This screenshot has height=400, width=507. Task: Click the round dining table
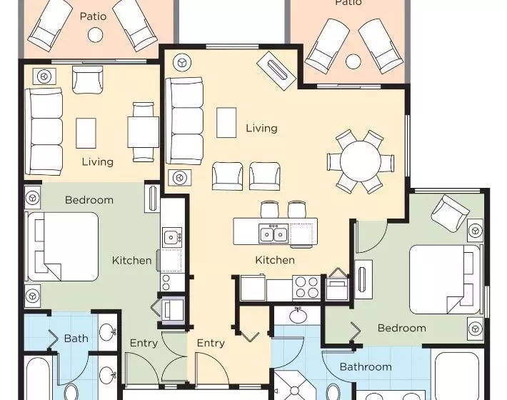[x=361, y=161]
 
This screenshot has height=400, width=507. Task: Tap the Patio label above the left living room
[x=93, y=16]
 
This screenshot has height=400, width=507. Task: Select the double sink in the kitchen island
[x=273, y=234]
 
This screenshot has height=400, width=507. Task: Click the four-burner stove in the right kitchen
[x=306, y=287]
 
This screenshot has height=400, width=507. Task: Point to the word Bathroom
[x=366, y=366]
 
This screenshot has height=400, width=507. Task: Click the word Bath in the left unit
[x=76, y=339]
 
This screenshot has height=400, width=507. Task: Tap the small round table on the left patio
[x=96, y=34]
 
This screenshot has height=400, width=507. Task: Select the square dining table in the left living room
[x=143, y=132]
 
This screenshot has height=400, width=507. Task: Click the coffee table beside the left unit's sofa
[x=86, y=133]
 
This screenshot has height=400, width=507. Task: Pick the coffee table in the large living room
[x=226, y=123]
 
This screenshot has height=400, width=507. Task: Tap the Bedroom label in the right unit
[x=401, y=328]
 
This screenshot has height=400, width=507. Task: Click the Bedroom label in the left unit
[x=89, y=200]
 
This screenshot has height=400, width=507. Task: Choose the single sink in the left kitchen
[x=171, y=237]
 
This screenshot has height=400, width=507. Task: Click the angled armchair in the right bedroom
[x=451, y=213]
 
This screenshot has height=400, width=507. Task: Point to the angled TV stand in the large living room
[x=276, y=71]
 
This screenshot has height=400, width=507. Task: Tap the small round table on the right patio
[x=353, y=61]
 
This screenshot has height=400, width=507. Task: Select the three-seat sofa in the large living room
[x=185, y=121]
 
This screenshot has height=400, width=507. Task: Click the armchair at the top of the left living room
[x=87, y=80]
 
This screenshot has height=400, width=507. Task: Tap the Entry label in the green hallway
[x=144, y=343]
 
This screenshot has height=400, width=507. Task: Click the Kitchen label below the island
[x=275, y=260]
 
